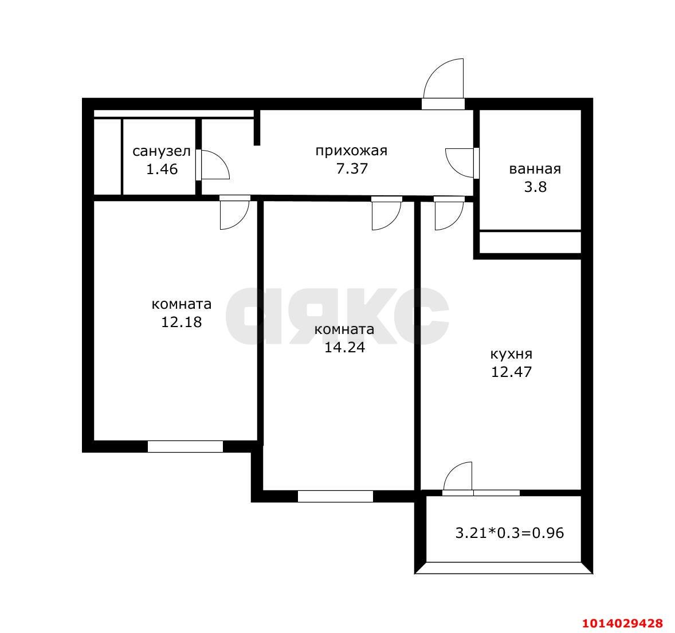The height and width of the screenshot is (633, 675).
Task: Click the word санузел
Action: (x=162, y=151)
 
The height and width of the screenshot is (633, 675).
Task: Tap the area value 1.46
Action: (x=162, y=169)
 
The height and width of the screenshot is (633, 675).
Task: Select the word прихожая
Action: (x=351, y=151)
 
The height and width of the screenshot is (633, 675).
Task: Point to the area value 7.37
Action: (x=352, y=168)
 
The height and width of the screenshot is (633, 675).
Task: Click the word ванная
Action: (x=535, y=169)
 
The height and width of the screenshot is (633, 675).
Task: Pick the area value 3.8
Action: (x=535, y=187)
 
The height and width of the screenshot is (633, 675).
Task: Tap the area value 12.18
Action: (x=181, y=322)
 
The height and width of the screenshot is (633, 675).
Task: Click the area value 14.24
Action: (x=344, y=347)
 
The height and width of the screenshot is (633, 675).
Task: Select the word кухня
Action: (x=512, y=354)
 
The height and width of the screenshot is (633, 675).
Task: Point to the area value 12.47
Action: (x=512, y=372)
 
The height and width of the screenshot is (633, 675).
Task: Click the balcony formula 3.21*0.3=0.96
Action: (x=510, y=533)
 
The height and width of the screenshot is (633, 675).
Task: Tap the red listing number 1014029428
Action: (x=622, y=623)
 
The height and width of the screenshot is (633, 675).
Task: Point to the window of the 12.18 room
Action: (x=185, y=446)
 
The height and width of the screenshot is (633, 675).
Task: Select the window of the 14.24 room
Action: (x=335, y=496)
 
